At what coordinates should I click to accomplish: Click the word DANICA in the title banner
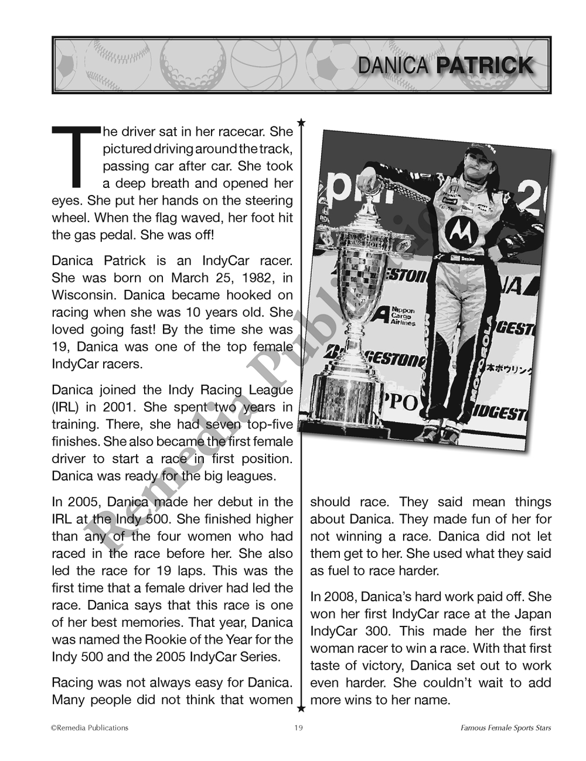pyautogui.click(x=393, y=66)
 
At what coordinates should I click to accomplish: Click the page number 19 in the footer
pyautogui.click(x=298, y=728)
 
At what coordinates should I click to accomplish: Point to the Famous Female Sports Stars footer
pyautogui.click(x=505, y=728)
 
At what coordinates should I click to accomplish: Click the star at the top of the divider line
pyautogui.click(x=301, y=122)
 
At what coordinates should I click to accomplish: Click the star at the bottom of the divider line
pyautogui.click(x=301, y=709)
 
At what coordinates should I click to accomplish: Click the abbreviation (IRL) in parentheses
pyautogui.click(x=65, y=407)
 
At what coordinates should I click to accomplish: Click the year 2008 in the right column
pyautogui.click(x=339, y=597)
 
